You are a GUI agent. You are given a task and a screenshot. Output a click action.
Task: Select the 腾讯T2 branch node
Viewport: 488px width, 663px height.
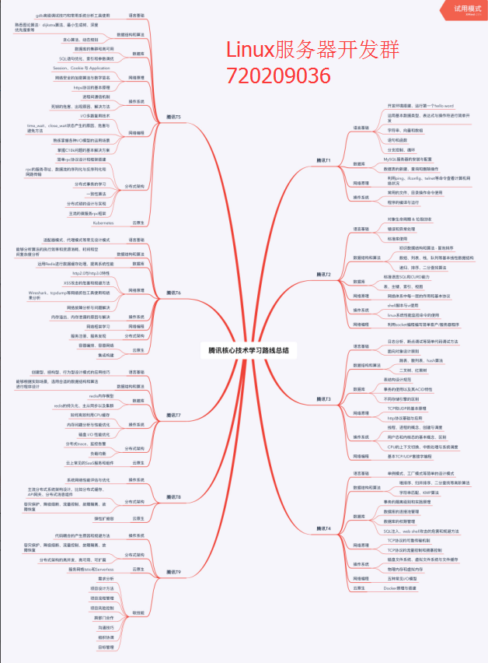point(323,275)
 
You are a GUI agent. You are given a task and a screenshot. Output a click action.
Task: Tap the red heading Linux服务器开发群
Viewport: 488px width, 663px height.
point(313,51)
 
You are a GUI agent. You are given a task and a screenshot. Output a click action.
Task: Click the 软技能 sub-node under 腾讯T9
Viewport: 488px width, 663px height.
point(137,612)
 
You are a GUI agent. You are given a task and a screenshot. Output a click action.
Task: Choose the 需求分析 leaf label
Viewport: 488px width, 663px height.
point(106,578)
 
